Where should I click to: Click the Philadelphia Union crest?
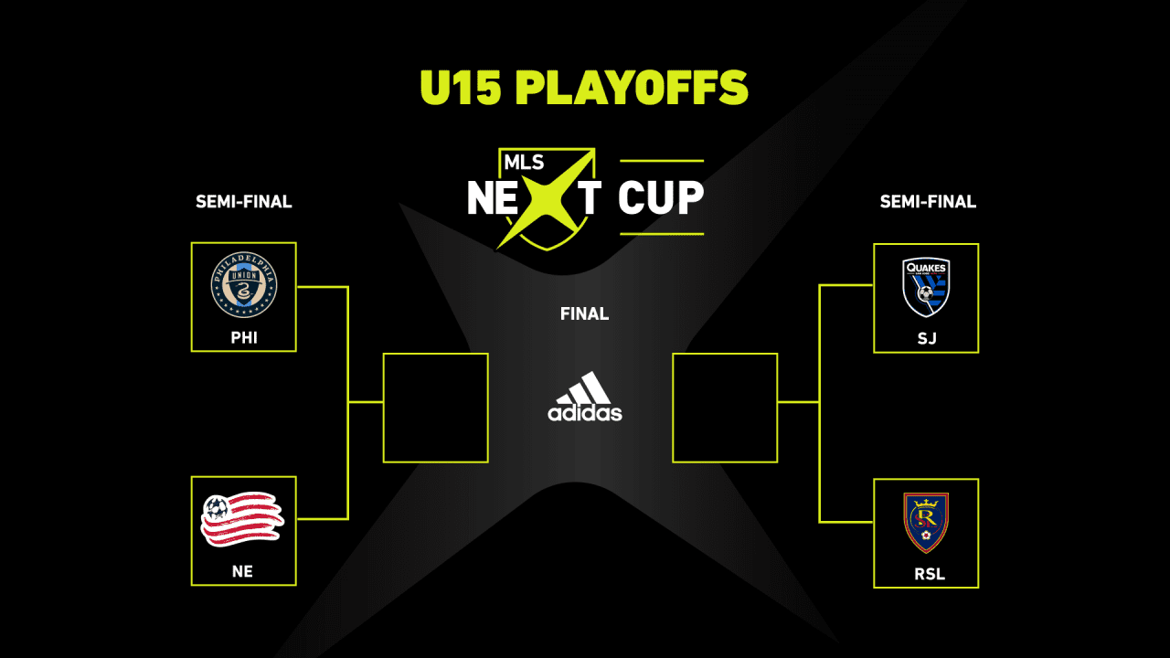click(244, 284)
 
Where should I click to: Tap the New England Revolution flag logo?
click(242, 519)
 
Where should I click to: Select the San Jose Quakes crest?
click(926, 287)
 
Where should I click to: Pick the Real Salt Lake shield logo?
click(926, 523)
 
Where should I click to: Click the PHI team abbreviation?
click(244, 338)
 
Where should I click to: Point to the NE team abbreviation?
click(242, 571)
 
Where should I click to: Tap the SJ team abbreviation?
click(927, 338)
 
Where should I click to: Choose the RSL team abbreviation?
click(930, 575)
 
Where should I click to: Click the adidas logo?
click(584, 397)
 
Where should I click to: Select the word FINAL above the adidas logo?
click(584, 313)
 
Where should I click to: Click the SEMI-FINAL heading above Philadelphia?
click(244, 202)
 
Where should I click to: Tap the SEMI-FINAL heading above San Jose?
click(928, 202)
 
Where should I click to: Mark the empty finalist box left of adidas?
click(436, 353)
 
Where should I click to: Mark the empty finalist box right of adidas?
click(725, 353)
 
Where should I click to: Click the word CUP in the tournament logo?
click(661, 197)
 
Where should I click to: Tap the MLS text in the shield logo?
click(524, 163)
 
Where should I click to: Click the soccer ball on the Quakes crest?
click(924, 293)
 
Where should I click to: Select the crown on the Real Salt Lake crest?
click(926, 503)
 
